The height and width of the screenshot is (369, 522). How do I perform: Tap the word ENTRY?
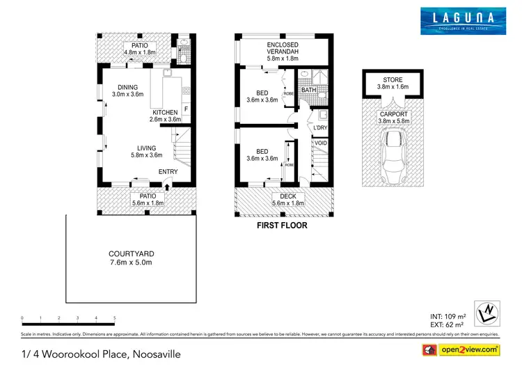168,172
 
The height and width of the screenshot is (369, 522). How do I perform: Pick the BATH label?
308,90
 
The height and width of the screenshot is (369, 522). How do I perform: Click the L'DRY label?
320,128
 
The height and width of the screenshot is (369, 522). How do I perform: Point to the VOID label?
320,143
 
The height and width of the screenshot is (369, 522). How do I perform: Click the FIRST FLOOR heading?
283,225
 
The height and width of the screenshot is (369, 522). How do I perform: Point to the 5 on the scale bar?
114,317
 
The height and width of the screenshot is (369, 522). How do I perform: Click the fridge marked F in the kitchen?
185,108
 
